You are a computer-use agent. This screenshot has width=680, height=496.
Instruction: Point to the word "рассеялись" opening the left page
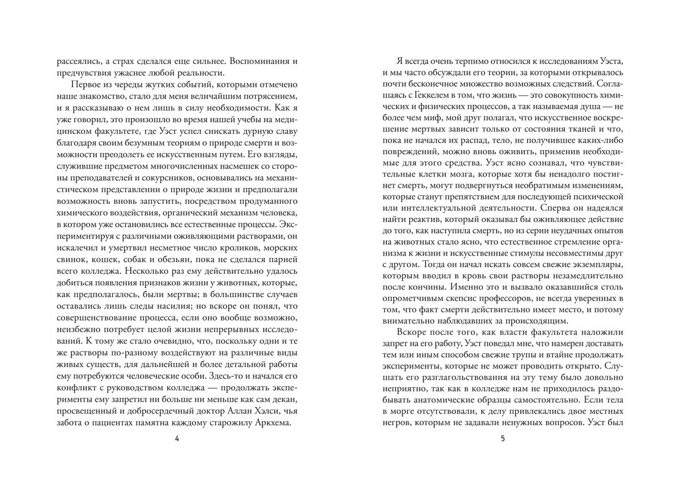75,60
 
